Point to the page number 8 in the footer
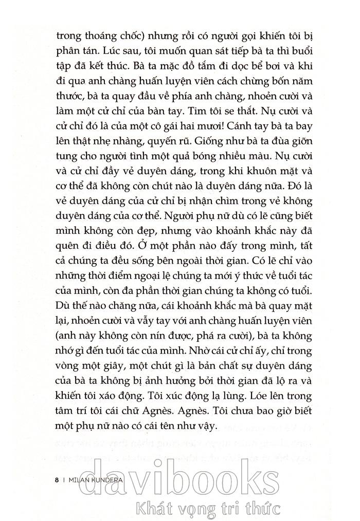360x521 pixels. [56, 480]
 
